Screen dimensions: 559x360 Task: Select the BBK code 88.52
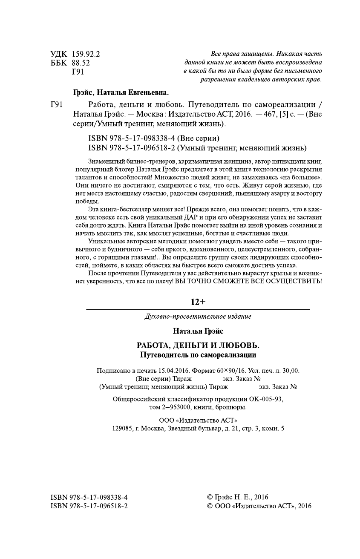81,63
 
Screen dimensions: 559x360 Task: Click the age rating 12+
198,302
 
